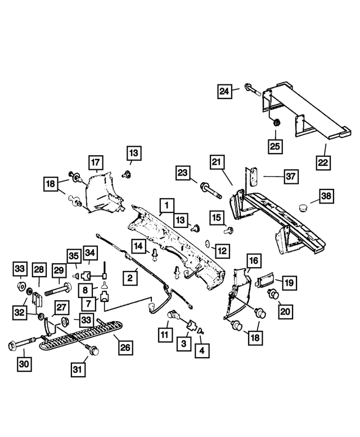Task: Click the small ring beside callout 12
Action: pos(208,244)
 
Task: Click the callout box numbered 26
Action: pos(125,348)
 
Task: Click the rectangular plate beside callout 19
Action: pos(264,280)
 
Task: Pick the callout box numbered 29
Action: pos(59,272)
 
